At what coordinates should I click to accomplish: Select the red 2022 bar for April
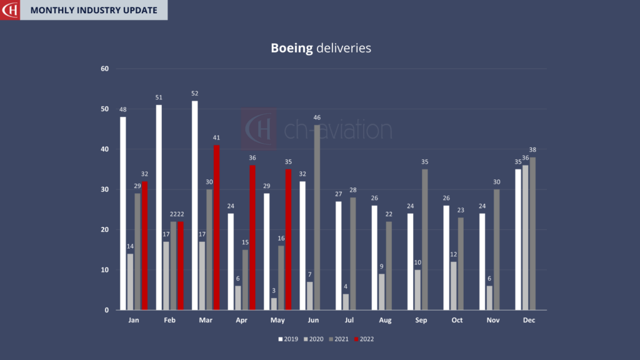click(252, 237)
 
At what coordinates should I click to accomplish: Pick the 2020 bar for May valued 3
click(274, 304)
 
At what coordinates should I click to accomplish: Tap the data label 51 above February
click(159, 97)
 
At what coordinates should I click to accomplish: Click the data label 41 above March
click(217, 137)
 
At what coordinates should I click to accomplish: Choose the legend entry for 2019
click(288, 339)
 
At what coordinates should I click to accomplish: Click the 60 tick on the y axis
click(104, 69)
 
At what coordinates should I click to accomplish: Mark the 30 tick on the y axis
click(104, 189)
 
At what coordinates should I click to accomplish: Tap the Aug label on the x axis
click(386, 320)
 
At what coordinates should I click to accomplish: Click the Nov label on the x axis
click(494, 320)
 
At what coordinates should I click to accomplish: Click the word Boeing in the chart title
click(291, 48)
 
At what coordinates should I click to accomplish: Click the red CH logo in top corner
click(9, 10)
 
